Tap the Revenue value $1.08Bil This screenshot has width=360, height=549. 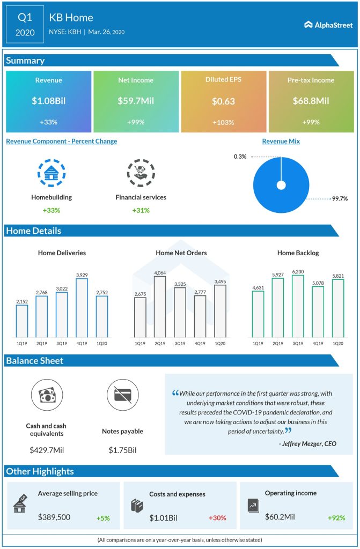(x=48, y=100)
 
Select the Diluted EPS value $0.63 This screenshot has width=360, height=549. (x=223, y=100)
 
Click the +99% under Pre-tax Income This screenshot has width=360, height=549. (x=311, y=122)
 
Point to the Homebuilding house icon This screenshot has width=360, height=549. (x=52, y=172)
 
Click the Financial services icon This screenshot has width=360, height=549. (x=141, y=172)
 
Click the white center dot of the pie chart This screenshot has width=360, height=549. (x=281, y=186)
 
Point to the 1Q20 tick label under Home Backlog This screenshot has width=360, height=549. (x=337, y=343)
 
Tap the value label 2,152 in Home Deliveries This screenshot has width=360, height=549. (x=22, y=301)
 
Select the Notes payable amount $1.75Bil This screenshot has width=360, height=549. (x=122, y=450)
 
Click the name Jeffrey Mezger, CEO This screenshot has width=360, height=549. (x=307, y=444)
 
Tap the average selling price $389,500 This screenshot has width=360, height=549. (x=54, y=517)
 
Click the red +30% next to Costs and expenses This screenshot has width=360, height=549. (x=217, y=518)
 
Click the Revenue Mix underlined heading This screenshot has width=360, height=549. (x=281, y=142)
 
